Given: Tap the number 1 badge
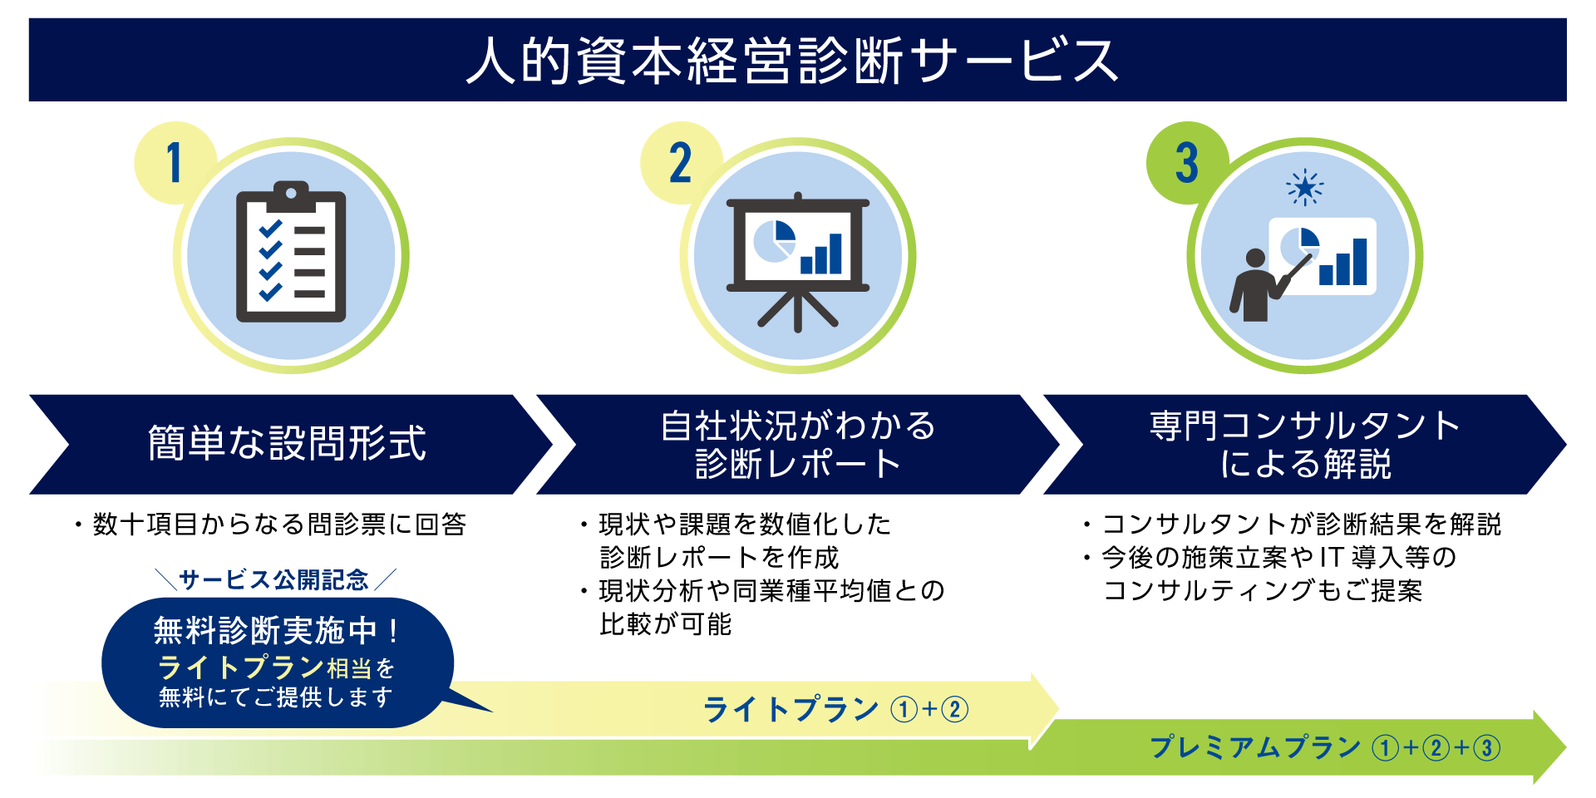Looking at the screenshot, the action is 175,163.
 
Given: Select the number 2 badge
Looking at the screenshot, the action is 681,163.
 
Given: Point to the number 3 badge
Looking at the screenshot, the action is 1187,163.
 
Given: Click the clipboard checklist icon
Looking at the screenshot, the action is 291,252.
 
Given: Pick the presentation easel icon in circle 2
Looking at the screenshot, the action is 798,262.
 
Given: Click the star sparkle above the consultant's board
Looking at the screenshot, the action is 1305,188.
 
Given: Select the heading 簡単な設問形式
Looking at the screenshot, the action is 288,443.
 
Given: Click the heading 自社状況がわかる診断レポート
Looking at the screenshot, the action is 798,445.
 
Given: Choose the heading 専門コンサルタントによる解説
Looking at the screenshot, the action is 1305,445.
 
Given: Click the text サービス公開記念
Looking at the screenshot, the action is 273,579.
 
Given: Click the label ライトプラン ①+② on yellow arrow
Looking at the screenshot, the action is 835,709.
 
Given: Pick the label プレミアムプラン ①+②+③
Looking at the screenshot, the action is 1325,747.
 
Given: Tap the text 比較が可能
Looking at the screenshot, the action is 666,624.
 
